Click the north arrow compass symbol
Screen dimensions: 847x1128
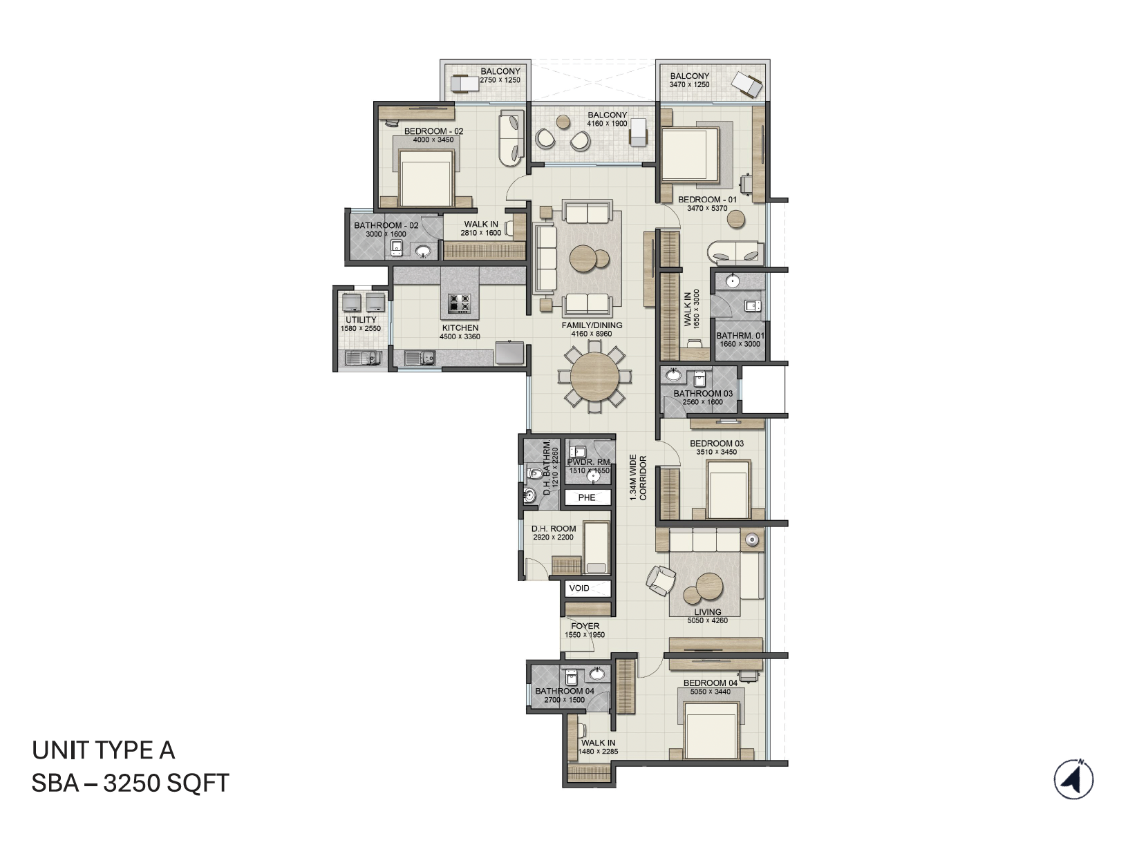1073,779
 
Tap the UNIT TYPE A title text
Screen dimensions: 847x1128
104,750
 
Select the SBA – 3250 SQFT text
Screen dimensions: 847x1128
131,783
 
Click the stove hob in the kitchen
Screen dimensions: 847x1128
460,303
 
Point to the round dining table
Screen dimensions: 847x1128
594,378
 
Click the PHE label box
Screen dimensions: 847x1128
587,497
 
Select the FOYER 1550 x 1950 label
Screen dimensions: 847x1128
585,630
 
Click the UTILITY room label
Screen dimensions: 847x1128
361,323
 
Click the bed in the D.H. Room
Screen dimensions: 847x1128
596,549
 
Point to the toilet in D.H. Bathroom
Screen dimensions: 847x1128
533,474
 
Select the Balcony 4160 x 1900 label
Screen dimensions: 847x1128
607,119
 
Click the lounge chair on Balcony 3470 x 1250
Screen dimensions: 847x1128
746,84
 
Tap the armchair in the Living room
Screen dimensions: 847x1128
660,579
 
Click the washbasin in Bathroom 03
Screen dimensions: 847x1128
673,376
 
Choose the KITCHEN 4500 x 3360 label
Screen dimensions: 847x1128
460,332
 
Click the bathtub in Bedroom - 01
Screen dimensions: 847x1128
735,252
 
